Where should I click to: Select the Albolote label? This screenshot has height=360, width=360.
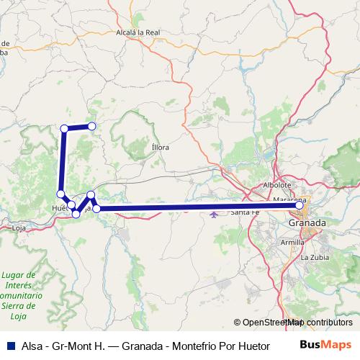tap(276, 184)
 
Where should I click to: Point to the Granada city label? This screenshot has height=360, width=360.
tap(307, 223)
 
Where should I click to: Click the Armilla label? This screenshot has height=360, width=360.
tap(292, 243)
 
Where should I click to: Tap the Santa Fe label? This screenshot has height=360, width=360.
tap(246, 212)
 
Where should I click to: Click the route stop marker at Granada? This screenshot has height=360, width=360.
tap(299, 206)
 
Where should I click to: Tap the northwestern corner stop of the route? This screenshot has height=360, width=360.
tap(64, 128)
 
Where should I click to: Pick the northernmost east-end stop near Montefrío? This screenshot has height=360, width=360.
tap(92, 126)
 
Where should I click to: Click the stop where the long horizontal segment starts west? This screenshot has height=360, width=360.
tap(96, 209)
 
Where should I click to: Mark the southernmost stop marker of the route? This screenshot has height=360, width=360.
tap(76, 214)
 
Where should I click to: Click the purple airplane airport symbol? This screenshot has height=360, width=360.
tap(213, 213)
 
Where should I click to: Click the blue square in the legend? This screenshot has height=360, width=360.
tap(9, 345)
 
